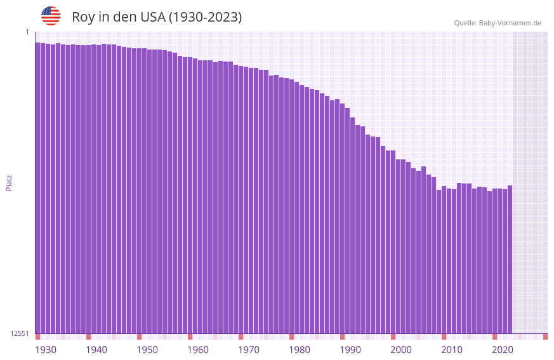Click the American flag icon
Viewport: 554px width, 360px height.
click(51, 16)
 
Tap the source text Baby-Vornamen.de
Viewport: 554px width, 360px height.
click(510, 23)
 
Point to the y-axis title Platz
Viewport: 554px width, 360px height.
click(9, 182)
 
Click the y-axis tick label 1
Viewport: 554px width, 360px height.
click(27, 32)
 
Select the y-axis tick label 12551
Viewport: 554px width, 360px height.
click(20, 333)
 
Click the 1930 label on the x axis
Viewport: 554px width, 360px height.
click(46, 350)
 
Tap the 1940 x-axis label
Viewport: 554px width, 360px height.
click(96, 350)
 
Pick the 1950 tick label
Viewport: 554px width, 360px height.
click(147, 350)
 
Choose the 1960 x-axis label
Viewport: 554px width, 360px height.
click(198, 350)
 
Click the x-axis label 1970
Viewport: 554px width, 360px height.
click(249, 350)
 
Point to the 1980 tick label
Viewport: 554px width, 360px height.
click(300, 350)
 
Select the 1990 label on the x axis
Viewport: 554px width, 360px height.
click(350, 350)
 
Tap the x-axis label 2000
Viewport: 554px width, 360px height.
click(401, 350)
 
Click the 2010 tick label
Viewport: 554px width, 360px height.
click(452, 350)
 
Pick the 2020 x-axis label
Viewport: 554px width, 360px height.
click(503, 350)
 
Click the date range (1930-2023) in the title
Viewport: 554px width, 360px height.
click(205, 17)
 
